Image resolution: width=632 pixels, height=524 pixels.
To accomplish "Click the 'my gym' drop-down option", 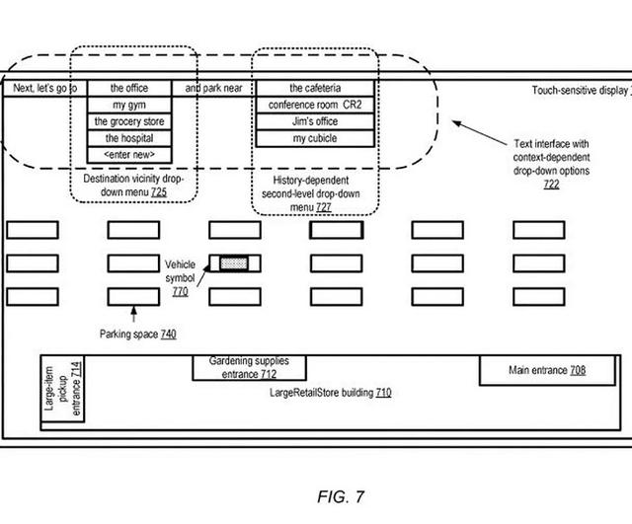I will click(129, 105).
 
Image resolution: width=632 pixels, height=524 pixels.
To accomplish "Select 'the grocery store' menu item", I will click(129, 121).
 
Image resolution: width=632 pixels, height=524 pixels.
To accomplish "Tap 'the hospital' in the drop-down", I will click(129, 138).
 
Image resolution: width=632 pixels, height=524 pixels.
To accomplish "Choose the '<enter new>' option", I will click(129, 155).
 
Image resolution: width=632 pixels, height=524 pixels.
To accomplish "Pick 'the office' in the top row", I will click(129, 88).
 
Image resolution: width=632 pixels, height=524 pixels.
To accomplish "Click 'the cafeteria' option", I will click(315, 88).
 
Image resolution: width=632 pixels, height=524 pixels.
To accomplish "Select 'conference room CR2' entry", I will click(315, 105).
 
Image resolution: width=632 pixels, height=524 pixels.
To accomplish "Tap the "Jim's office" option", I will click(315, 121).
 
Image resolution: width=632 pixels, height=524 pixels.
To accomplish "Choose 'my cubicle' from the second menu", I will click(315, 138).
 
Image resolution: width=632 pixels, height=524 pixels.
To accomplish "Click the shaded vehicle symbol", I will click(234, 263).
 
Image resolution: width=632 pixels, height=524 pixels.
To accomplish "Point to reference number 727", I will click(323, 208).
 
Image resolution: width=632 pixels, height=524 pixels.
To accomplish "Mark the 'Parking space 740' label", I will click(137, 336).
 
